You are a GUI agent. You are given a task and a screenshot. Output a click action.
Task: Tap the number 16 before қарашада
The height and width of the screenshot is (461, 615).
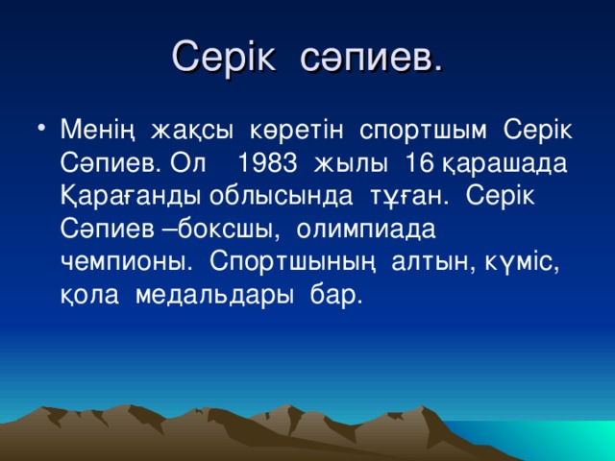(x=419, y=161)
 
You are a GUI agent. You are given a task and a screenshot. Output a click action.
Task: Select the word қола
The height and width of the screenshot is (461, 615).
(x=85, y=295)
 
